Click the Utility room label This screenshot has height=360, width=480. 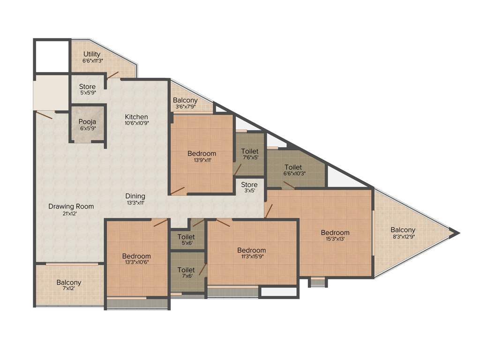pyautogui.click(x=92, y=54)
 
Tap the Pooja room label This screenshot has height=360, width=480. pyautogui.click(x=87, y=122)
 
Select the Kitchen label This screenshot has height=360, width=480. pyautogui.click(x=136, y=117)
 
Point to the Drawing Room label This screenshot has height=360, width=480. pyautogui.click(x=71, y=206)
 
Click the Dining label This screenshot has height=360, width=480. pyautogui.click(x=135, y=196)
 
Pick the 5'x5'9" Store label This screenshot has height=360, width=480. pyautogui.click(x=87, y=87)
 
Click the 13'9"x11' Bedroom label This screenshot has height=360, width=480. pyautogui.click(x=202, y=153)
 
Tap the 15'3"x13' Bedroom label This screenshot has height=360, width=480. pyautogui.click(x=335, y=232)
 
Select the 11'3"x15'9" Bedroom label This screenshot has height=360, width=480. pyautogui.click(x=251, y=250)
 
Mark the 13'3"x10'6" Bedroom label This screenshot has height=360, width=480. pyautogui.click(x=136, y=256)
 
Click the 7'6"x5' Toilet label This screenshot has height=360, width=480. pyautogui.click(x=249, y=151)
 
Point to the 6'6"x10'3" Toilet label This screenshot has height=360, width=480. pyautogui.click(x=293, y=167)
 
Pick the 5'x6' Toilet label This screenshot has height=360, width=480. pyautogui.click(x=186, y=237)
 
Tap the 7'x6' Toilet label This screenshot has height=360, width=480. pyautogui.click(x=186, y=270)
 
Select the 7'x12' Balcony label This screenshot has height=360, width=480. pyautogui.click(x=69, y=283)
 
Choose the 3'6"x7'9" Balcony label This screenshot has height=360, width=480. pyautogui.click(x=185, y=100)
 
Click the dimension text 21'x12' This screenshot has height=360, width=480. pyautogui.click(x=71, y=213)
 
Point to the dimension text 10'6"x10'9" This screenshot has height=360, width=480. pyautogui.click(x=136, y=124)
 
